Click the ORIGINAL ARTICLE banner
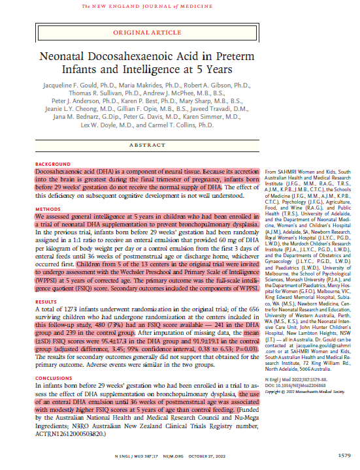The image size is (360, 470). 179,31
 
